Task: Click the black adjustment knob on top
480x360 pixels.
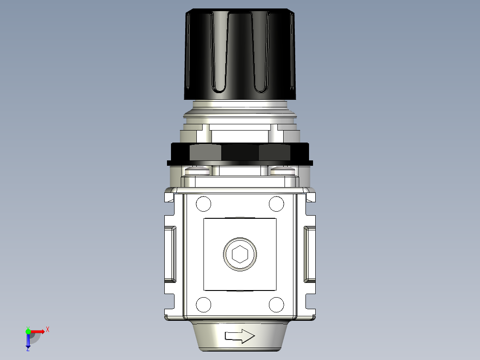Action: [240, 53]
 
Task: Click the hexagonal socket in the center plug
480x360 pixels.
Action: [240, 254]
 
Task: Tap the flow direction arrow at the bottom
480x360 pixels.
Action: [240, 336]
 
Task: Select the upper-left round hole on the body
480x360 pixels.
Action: [203, 204]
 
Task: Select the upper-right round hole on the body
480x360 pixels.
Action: [277, 204]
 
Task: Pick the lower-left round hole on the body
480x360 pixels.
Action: [203, 305]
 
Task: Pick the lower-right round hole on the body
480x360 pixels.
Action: [277, 305]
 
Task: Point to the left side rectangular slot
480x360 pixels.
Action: [170, 254]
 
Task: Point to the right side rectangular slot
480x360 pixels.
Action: [309, 254]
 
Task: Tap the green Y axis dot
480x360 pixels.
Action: [28, 331]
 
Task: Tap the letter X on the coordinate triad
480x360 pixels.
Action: [47, 329]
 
